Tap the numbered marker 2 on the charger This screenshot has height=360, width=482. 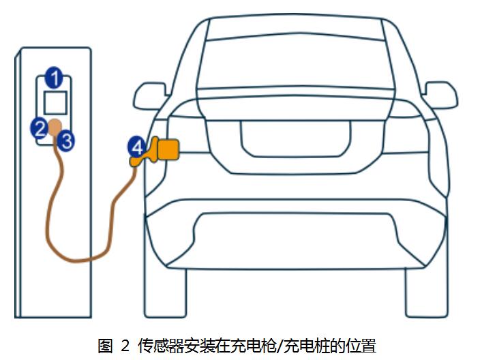(40, 127)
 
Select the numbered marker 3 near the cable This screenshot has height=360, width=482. (66, 141)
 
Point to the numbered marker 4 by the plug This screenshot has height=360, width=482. (137, 146)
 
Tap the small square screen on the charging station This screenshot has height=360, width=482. (55, 102)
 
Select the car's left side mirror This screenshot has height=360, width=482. (149, 94)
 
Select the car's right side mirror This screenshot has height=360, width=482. (440, 93)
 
